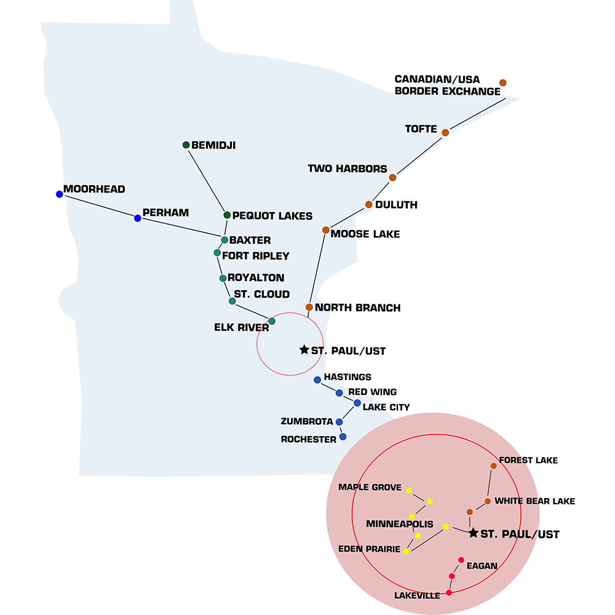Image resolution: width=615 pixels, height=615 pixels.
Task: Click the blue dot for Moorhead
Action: [x=60, y=194]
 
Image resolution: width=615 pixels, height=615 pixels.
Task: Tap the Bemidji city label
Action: [x=213, y=146]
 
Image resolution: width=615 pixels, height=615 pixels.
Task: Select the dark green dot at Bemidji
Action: [x=186, y=145]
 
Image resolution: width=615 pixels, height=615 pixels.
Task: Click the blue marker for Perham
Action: [x=138, y=218]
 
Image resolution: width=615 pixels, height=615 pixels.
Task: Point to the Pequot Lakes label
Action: [x=272, y=216]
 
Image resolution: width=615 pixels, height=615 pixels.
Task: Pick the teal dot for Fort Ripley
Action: [x=217, y=253]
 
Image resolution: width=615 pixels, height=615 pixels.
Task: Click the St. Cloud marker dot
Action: [x=232, y=301]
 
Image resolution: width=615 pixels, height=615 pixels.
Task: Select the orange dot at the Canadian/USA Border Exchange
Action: [x=502, y=83]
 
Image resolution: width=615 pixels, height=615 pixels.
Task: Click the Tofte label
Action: [x=421, y=129]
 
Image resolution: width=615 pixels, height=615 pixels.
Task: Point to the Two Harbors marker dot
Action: [x=392, y=178]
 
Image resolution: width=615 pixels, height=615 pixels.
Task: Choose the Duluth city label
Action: [x=395, y=205]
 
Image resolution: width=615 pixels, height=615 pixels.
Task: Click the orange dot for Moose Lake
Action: [x=326, y=230]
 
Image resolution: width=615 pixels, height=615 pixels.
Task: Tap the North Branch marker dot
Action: [x=309, y=307]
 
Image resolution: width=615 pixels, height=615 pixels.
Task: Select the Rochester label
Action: [x=309, y=439]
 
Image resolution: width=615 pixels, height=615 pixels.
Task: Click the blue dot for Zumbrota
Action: [x=339, y=422]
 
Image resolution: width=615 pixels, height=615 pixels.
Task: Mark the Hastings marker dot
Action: [x=317, y=379]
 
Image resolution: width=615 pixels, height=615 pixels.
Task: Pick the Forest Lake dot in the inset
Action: [x=493, y=466]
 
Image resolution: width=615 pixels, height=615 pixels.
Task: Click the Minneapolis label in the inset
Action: [x=400, y=525]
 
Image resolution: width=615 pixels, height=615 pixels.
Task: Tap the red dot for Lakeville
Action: [x=449, y=593]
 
